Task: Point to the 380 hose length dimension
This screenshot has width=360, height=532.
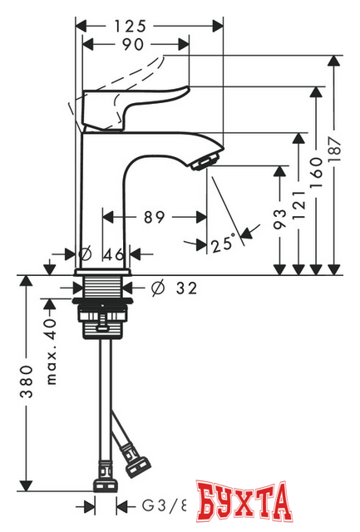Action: click(27, 387)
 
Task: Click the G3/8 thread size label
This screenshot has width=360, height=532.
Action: click(163, 505)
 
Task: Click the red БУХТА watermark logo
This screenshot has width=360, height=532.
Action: click(248, 502)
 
